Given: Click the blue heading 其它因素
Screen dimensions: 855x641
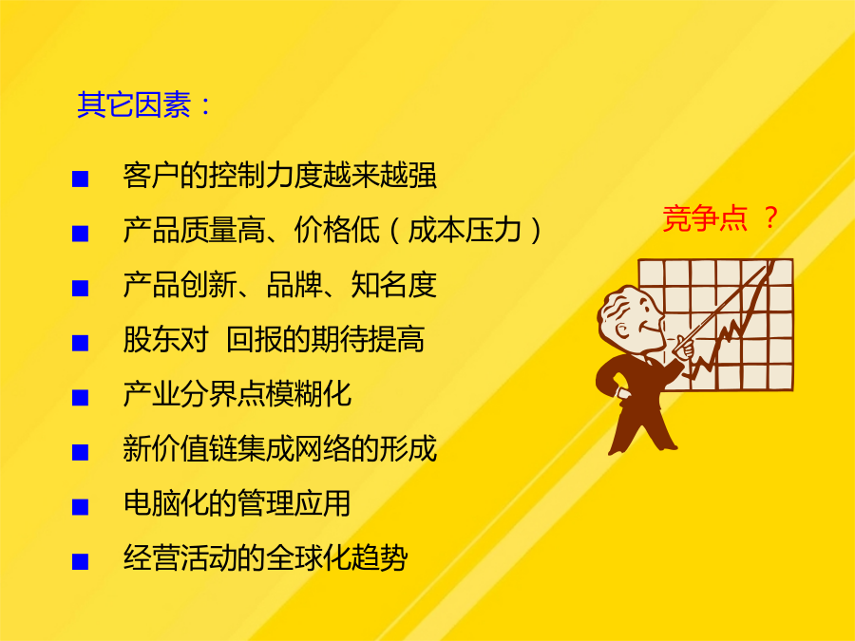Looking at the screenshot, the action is pyautogui.click(x=134, y=104).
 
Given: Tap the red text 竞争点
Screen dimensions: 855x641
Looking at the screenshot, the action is pyautogui.click(x=705, y=218).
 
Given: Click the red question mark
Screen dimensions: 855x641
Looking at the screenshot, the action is pyautogui.click(x=770, y=217).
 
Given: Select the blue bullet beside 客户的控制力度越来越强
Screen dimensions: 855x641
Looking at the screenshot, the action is pyautogui.click(x=80, y=179).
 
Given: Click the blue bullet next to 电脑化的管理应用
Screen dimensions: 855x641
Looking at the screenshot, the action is pyautogui.click(x=80, y=507).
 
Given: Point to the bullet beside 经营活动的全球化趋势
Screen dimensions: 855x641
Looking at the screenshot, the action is pyautogui.click(x=80, y=561).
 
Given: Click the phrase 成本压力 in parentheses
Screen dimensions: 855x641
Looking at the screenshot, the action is pyautogui.click(x=465, y=230).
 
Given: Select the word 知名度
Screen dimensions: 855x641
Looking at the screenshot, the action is pyautogui.click(x=393, y=284).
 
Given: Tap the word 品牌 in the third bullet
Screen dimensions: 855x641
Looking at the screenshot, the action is pyautogui.click(x=295, y=284).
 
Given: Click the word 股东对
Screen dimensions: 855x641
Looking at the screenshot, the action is pyautogui.click(x=165, y=339).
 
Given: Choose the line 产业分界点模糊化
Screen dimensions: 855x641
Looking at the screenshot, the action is pyautogui.click(x=237, y=393).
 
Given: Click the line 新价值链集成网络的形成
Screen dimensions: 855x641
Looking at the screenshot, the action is pyautogui.click(x=279, y=448).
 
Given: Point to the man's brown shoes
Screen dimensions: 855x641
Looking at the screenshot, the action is pyautogui.click(x=642, y=446).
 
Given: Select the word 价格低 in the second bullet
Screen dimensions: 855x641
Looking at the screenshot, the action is pyautogui.click(x=336, y=230).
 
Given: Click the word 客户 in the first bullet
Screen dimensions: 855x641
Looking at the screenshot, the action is pyautogui.click(x=152, y=175).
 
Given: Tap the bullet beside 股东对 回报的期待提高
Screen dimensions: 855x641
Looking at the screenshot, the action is pyautogui.click(x=80, y=343).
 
